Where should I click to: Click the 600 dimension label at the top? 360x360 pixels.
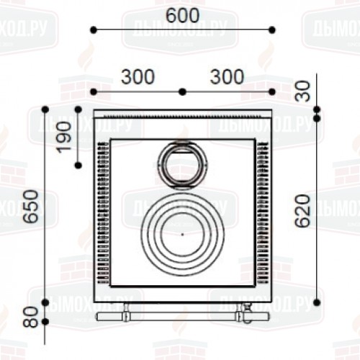tap(183, 15)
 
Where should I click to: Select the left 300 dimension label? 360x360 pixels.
tap(138, 77)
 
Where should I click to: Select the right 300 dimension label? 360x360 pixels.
tap(227, 77)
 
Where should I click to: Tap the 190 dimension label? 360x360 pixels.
tap(64, 137)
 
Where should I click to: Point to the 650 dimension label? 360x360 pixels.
tap(31, 207)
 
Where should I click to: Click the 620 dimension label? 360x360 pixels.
tap(302, 211)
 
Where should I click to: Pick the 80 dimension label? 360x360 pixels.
tap(31, 318)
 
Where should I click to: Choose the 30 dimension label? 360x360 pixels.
tap(303, 91)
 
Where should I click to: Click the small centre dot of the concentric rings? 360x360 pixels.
tap(182, 235)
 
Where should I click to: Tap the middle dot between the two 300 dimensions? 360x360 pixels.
tap(183, 91)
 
